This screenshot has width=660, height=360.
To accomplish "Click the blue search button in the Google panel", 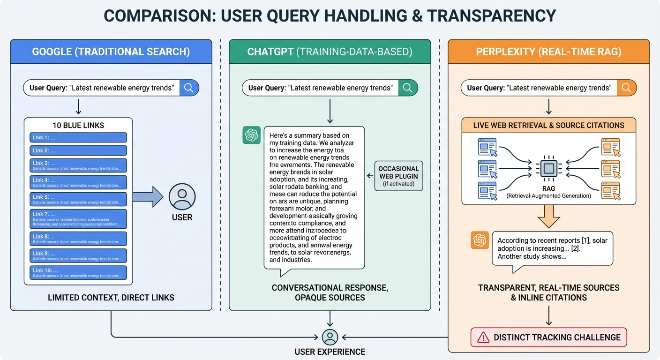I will pos(189,88).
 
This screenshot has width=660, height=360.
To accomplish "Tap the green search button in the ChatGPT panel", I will pos(407,88).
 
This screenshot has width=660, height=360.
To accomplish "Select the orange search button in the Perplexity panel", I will pos(626,88).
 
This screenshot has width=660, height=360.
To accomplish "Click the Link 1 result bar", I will pos(79,137).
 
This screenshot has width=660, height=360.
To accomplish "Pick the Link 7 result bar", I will pos(79,219).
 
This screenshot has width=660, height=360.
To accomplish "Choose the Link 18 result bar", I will pos(79,272).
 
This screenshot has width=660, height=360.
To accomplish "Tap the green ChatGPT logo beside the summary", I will pos(252,135).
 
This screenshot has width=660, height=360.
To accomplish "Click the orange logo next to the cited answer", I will pos(480,240).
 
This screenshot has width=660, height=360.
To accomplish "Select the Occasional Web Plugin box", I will pos(398,176).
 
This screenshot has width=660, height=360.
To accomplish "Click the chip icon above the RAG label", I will pos(549,168).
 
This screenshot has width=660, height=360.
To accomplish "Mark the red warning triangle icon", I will pos(482,337).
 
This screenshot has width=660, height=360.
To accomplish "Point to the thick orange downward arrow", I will pos(548,217).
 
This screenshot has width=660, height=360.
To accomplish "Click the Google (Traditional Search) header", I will pos(111,52).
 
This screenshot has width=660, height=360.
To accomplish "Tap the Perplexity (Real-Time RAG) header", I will pos(548,52).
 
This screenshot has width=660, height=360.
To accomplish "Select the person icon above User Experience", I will pos(330,337).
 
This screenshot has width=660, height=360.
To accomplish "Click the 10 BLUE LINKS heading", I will pos(79,125).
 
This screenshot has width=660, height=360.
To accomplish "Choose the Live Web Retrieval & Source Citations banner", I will pos(548,125).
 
